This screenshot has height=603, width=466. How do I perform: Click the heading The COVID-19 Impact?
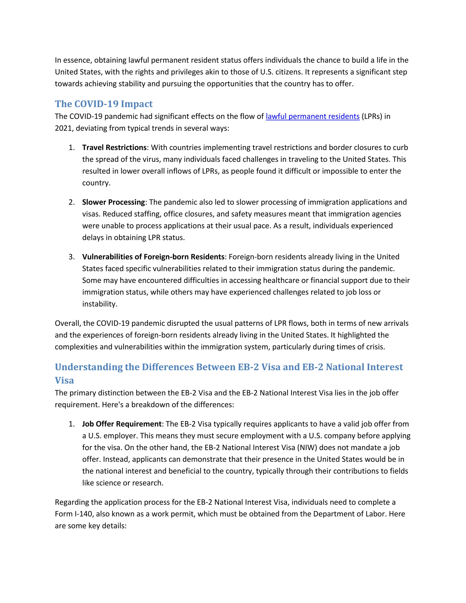[x=104, y=104]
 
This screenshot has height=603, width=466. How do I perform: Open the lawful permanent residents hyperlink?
[x=312, y=117]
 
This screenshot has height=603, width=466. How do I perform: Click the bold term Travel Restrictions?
[x=114, y=148]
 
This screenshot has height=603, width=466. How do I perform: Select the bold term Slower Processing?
[x=114, y=202]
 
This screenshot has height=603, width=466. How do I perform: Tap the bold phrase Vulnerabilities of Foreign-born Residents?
[x=153, y=257]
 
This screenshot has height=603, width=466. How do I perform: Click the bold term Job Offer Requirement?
[x=122, y=424]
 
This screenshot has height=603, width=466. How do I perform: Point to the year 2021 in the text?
[x=63, y=128]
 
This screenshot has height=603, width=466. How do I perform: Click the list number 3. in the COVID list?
[x=72, y=257]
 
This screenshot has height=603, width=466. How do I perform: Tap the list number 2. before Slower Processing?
[x=72, y=202]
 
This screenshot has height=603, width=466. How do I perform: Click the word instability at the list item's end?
[x=99, y=304]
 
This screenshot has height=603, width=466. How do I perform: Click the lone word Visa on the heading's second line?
[x=64, y=381]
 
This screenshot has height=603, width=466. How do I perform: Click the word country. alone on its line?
[x=96, y=183]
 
